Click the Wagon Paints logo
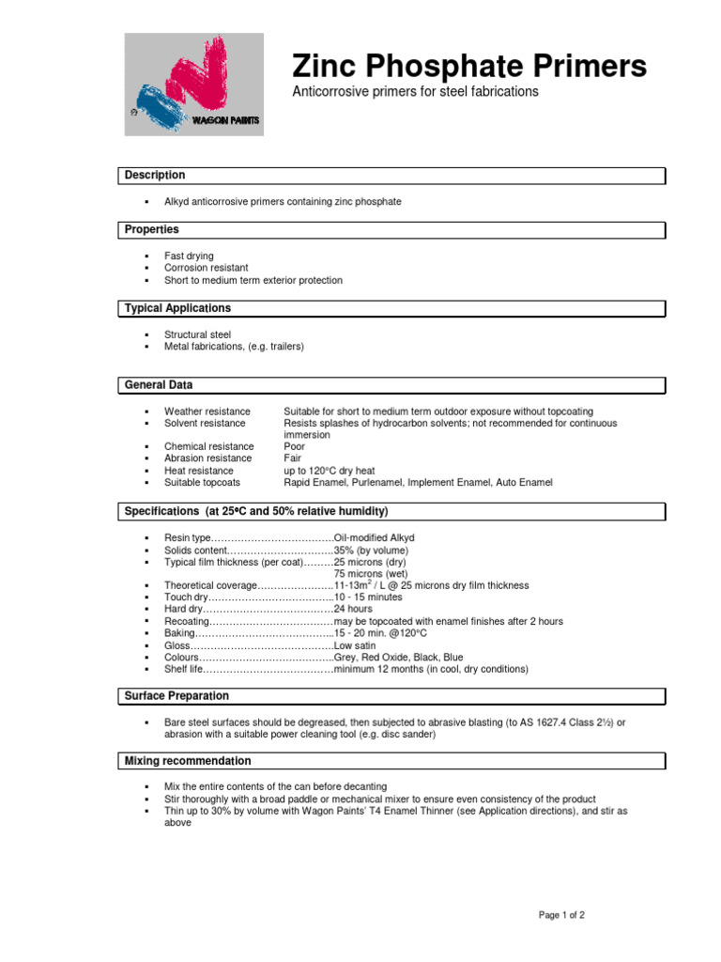pos(194,85)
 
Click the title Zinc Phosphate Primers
pos(469,67)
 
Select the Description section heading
pos(155,176)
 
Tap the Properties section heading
pos(151,230)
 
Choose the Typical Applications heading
pos(177,309)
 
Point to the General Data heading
pos(159,385)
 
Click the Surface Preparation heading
pos(176,696)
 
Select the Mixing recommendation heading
pos(188,761)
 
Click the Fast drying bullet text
pos(189,256)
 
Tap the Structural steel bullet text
pos(197,334)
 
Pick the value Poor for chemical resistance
pos(295,446)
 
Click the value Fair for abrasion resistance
pos(293,458)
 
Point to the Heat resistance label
pos(199,471)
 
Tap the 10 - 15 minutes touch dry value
pos(368,597)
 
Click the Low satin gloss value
pos(355,645)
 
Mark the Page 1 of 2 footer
pos(561,915)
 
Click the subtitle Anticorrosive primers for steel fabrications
pos(416,92)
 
